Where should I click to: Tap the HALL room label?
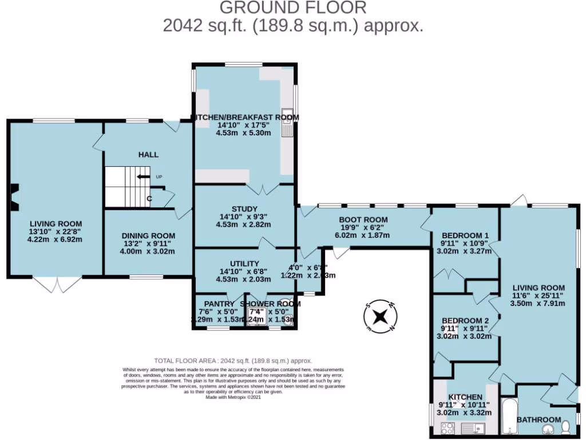click(x=148, y=155)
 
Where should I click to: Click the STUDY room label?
click(x=244, y=209)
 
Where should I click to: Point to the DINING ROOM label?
click(x=148, y=235)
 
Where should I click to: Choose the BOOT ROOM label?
click(x=363, y=219)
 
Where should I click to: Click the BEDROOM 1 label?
click(x=465, y=235)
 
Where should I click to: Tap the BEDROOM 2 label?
click(x=465, y=321)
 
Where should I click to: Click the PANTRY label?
click(x=219, y=304)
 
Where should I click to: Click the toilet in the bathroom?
click(x=566, y=427)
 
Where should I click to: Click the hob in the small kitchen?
click(x=448, y=427)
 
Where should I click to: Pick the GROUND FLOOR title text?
click(x=292, y=8)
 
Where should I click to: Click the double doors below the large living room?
click(x=57, y=284)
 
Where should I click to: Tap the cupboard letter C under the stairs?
click(x=149, y=199)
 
